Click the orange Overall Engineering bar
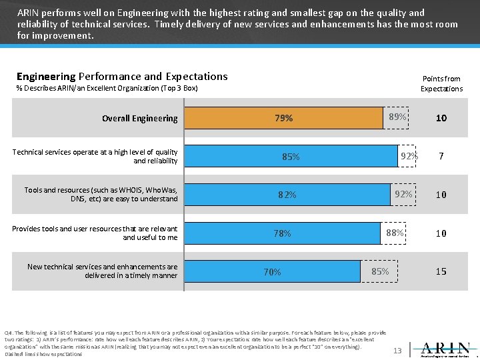(x=283, y=118)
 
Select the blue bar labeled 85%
(x=291, y=157)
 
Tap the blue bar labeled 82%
(x=287, y=195)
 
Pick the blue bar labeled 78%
(x=282, y=233)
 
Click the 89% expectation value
(x=397, y=117)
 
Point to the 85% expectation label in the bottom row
(x=380, y=271)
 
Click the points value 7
(x=441, y=157)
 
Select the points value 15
(x=441, y=271)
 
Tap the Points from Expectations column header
(x=441, y=83)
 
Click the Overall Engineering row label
(x=139, y=119)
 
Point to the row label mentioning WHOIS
(x=101, y=195)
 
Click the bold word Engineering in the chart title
(x=46, y=77)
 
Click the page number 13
(x=397, y=350)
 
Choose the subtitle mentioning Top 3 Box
(x=107, y=89)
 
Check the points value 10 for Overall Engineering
(x=441, y=118)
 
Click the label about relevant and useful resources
(x=95, y=233)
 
